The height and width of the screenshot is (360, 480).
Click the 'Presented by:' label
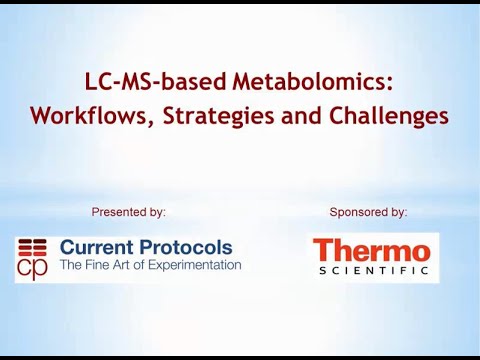(128, 212)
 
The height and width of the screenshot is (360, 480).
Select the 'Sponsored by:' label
(368, 212)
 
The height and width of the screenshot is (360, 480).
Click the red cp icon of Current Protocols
(33, 258)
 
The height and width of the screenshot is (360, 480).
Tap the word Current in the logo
(96, 247)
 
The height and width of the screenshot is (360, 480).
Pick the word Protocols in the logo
(187, 247)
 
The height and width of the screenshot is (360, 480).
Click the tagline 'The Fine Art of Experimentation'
(150, 265)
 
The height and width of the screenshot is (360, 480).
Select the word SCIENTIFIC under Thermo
(372, 271)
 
